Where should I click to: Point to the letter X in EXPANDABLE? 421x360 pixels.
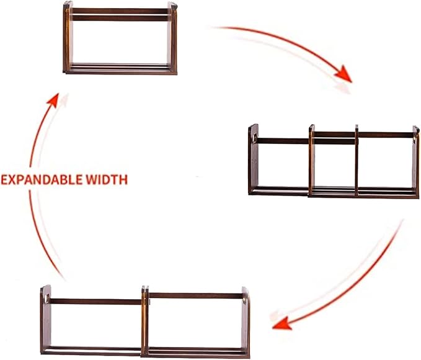pyautogui.click(x=14, y=180)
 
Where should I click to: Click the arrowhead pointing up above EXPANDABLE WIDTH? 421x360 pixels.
pyautogui.click(x=54, y=101)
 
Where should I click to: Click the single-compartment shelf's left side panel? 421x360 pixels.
pyautogui.click(x=68, y=37)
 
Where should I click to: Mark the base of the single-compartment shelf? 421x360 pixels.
pyautogui.click(x=119, y=68)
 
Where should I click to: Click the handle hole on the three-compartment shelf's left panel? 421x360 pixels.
pyautogui.click(x=254, y=133)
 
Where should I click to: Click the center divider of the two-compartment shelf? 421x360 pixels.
pyautogui.click(x=145, y=321)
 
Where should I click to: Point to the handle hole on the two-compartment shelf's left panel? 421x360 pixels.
pyautogui.click(x=47, y=297)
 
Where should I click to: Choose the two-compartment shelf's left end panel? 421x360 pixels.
pyautogui.click(x=45, y=323)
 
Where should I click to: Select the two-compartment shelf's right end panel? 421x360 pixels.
pyautogui.click(x=246, y=326)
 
